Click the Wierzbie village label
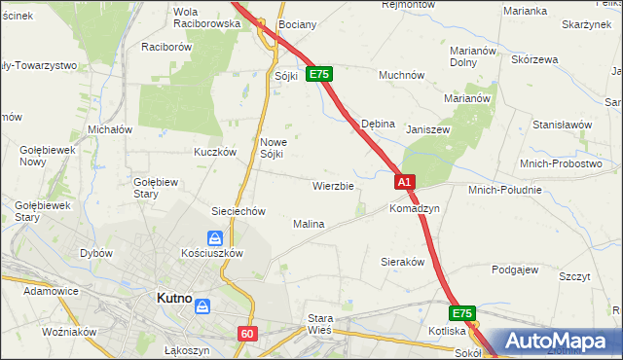pyautogui.click(x=332, y=185)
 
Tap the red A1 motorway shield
pyautogui.click(x=406, y=181)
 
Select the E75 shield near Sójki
pyautogui.click(x=319, y=74)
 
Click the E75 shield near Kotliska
pyautogui.click(x=462, y=313)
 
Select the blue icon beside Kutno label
pyautogui.click(x=202, y=306)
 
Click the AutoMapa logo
pyautogui.click(x=558, y=342)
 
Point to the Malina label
pyautogui.click(x=309, y=224)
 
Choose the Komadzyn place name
pyautogui.click(x=415, y=209)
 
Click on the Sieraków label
pyautogui.click(x=401, y=262)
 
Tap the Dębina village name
pyautogui.click(x=378, y=125)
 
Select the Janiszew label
pyautogui.click(x=427, y=127)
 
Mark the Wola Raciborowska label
pyautogui.click(x=205, y=18)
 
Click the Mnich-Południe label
pyautogui.click(x=504, y=190)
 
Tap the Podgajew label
pyautogui.click(x=515, y=270)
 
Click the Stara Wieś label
pyautogui.click(x=319, y=324)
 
